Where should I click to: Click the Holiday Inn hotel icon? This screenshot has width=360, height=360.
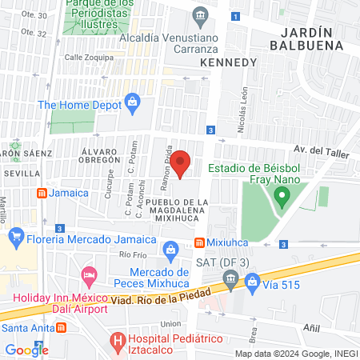click(x=90, y=274)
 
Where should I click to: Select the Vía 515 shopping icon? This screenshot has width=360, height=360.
click(x=253, y=280)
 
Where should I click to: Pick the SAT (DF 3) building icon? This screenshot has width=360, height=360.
click(x=230, y=278)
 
